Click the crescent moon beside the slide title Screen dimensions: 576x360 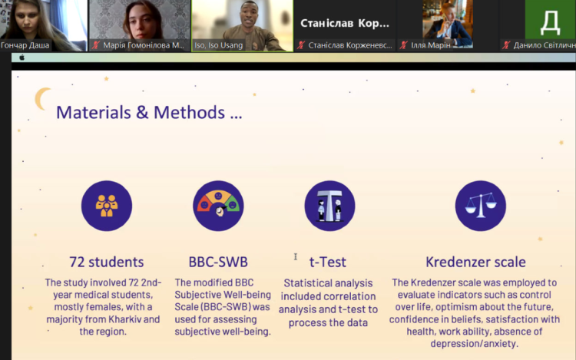coord(41,98)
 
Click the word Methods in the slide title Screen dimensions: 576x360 coord(189,112)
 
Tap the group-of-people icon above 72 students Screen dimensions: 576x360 coord(107,206)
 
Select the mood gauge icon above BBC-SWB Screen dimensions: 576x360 coord(218,206)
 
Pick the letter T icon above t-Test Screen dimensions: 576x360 coord(329,206)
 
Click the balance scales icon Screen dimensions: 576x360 coord(481,206)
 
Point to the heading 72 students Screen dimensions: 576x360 coord(107,262)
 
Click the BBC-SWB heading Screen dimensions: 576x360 coord(218,262)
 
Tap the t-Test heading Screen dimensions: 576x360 coord(328,262)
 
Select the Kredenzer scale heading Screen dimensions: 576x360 coord(475,262)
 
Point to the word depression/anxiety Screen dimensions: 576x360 coord(475,344)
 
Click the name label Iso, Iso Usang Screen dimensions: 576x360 coord(219,45)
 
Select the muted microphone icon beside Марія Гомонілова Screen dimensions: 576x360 coord(96,45)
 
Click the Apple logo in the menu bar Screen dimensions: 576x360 coord(22,58)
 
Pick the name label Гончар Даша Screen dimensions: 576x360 coord(25,45)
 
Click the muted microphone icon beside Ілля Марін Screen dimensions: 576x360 coord(404,45)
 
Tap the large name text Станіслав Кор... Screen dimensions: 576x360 coord(345,23)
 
